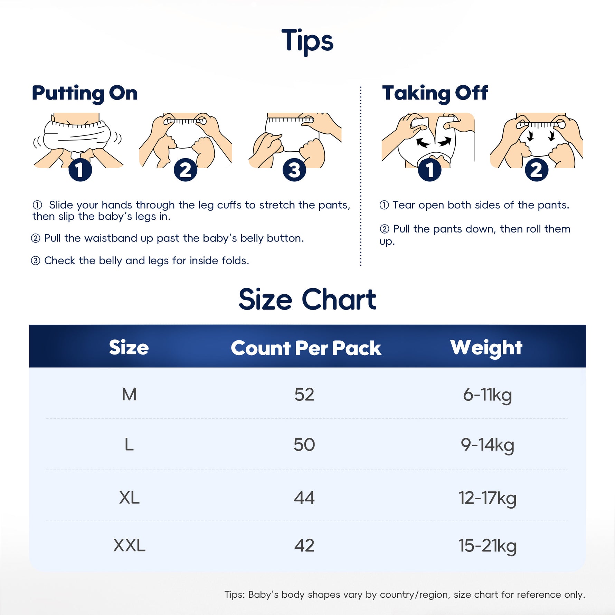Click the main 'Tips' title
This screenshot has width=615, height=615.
tap(307, 41)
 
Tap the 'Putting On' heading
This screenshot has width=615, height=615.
tap(85, 93)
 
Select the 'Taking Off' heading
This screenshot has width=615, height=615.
tap(435, 93)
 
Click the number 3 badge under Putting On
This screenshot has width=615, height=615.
tap(294, 170)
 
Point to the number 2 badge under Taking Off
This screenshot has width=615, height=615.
tap(537, 170)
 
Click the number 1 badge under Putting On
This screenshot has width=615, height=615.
tap(80, 170)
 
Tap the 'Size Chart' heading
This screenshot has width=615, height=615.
tap(307, 300)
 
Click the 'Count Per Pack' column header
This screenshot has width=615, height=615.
tap(306, 348)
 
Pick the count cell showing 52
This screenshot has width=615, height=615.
tap(304, 395)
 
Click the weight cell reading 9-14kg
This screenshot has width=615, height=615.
tap(488, 445)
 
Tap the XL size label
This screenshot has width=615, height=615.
tap(129, 498)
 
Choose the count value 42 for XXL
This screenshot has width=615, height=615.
tap(304, 546)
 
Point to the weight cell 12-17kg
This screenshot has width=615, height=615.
tap(488, 499)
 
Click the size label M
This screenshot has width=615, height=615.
tap(129, 395)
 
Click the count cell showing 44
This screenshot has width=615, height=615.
tap(304, 498)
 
